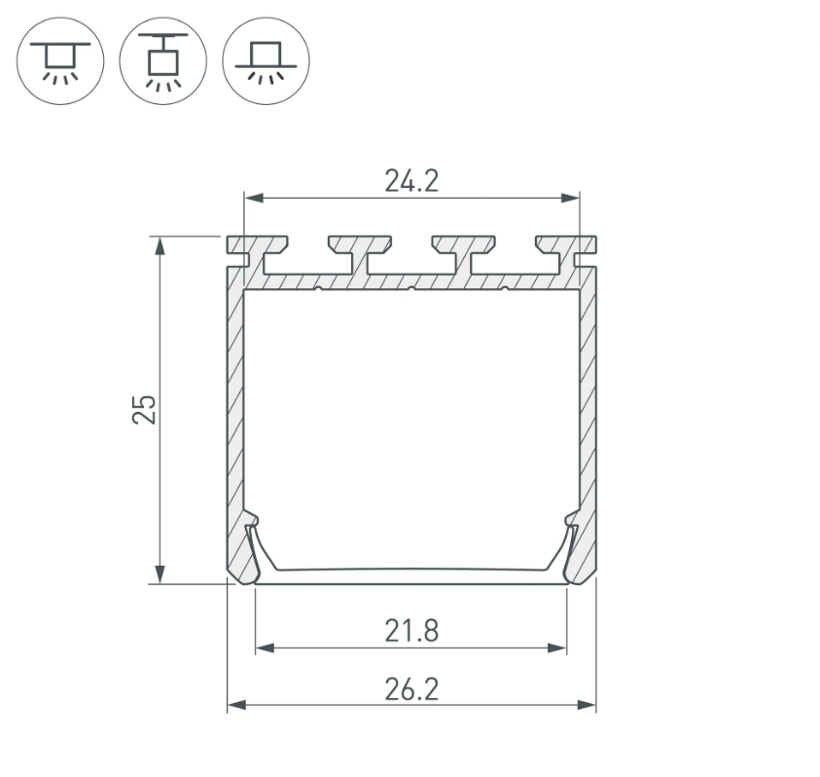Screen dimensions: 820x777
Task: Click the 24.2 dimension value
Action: [411, 181]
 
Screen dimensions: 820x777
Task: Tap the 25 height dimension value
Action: [144, 410]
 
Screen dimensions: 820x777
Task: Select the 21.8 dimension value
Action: [411, 631]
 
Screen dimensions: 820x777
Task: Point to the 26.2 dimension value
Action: [411, 689]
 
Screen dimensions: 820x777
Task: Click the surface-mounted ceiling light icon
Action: [60, 60]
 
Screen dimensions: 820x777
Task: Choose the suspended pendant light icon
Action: [162, 60]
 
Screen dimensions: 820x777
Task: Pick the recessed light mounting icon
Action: [266, 60]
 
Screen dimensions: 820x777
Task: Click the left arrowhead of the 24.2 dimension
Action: [254, 198]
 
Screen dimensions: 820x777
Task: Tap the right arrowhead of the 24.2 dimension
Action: [570, 198]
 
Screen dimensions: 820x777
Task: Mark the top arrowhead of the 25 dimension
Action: [160, 246]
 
